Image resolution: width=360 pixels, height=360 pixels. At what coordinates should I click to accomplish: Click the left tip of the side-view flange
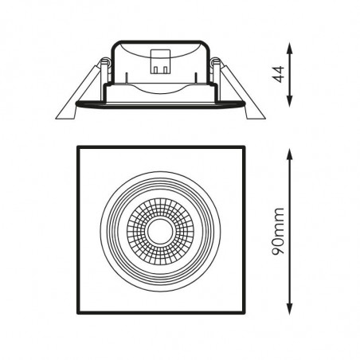tap(76, 102)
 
